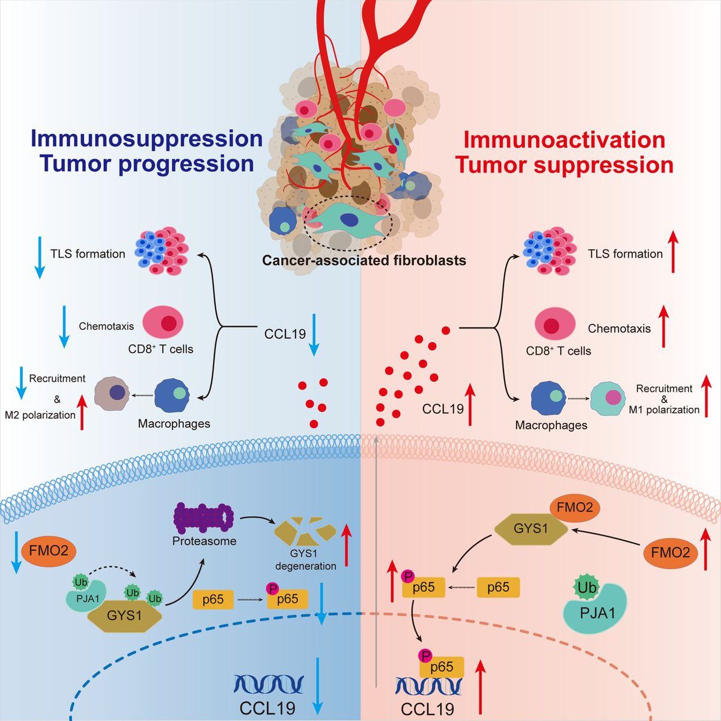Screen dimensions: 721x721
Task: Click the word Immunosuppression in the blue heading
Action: tap(147, 139)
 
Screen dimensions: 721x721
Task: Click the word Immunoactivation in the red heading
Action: tap(564, 139)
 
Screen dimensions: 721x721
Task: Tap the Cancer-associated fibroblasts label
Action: tap(364, 261)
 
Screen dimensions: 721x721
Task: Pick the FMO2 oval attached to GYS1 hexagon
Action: tap(574, 508)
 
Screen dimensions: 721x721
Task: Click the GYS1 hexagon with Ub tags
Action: tap(124, 616)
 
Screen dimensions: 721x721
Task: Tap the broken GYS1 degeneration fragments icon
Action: tap(305, 531)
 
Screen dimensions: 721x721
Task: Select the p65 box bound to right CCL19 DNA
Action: tap(442, 667)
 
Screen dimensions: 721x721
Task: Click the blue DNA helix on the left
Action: tap(269, 685)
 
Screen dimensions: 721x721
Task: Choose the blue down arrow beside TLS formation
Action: tap(39, 257)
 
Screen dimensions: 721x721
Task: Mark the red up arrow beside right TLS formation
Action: tap(673, 254)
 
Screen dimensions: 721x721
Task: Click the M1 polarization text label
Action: tap(664, 410)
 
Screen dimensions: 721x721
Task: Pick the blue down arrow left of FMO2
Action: tap(15, 550)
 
